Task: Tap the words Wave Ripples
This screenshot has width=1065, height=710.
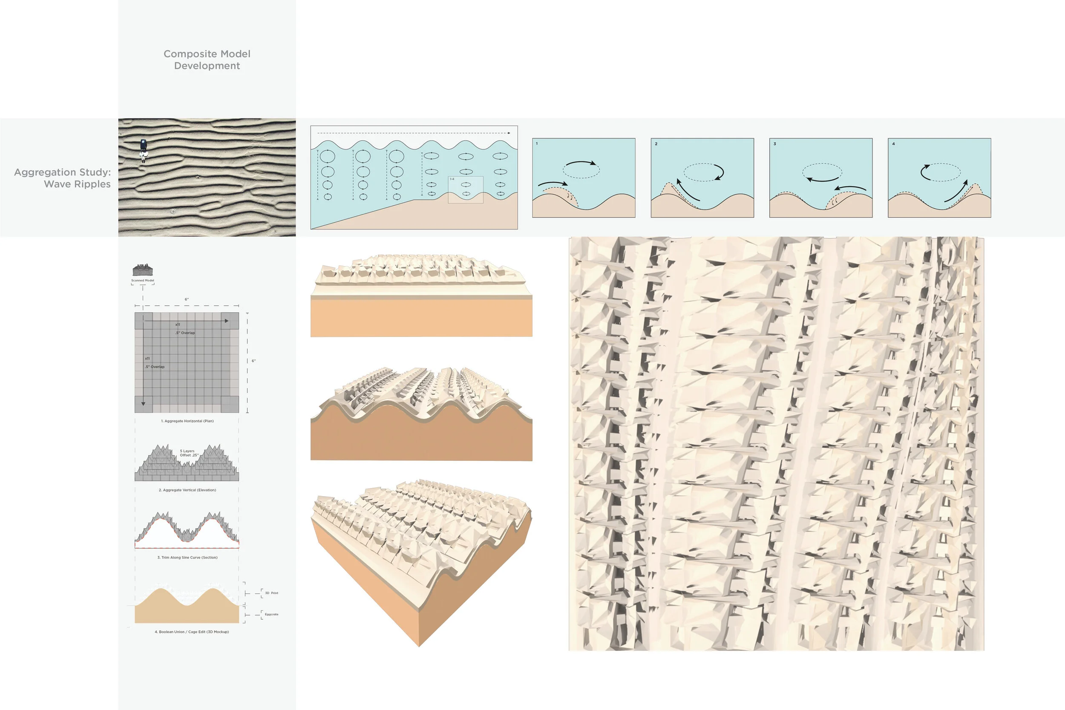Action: click(x=77, y=184)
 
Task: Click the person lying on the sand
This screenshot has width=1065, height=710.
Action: click(x=144, y=150)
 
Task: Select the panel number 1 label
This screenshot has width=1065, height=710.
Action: click(x=537, y=144)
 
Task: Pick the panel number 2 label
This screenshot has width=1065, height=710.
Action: click(x=656, y=144)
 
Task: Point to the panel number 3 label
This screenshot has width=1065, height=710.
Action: click(x=774, y=144)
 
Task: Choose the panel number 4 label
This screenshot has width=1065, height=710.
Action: click(x=893, y=144)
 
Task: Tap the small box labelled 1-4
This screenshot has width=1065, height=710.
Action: click(x=466, y=190)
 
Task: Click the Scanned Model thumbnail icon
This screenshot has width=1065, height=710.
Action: click(x=143, y=270)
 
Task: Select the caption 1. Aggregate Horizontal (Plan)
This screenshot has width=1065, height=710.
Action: click(x=187, y=421)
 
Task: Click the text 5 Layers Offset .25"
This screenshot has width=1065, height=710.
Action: click(x=188, y=453)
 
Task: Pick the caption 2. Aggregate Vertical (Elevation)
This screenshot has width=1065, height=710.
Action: click(x=187, y=490)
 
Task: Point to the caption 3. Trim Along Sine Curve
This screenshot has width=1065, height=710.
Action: click(x=187, y=558)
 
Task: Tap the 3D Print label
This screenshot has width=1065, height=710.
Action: click(x=271, y=593)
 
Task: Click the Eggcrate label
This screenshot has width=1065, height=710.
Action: click(x=271, y=615)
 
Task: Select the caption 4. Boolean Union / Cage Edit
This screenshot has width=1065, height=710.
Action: click(x=192, y=632)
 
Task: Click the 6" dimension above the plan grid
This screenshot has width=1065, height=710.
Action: click(x=187, y=299)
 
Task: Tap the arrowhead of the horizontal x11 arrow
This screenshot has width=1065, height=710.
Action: click(x=226, y=321)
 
